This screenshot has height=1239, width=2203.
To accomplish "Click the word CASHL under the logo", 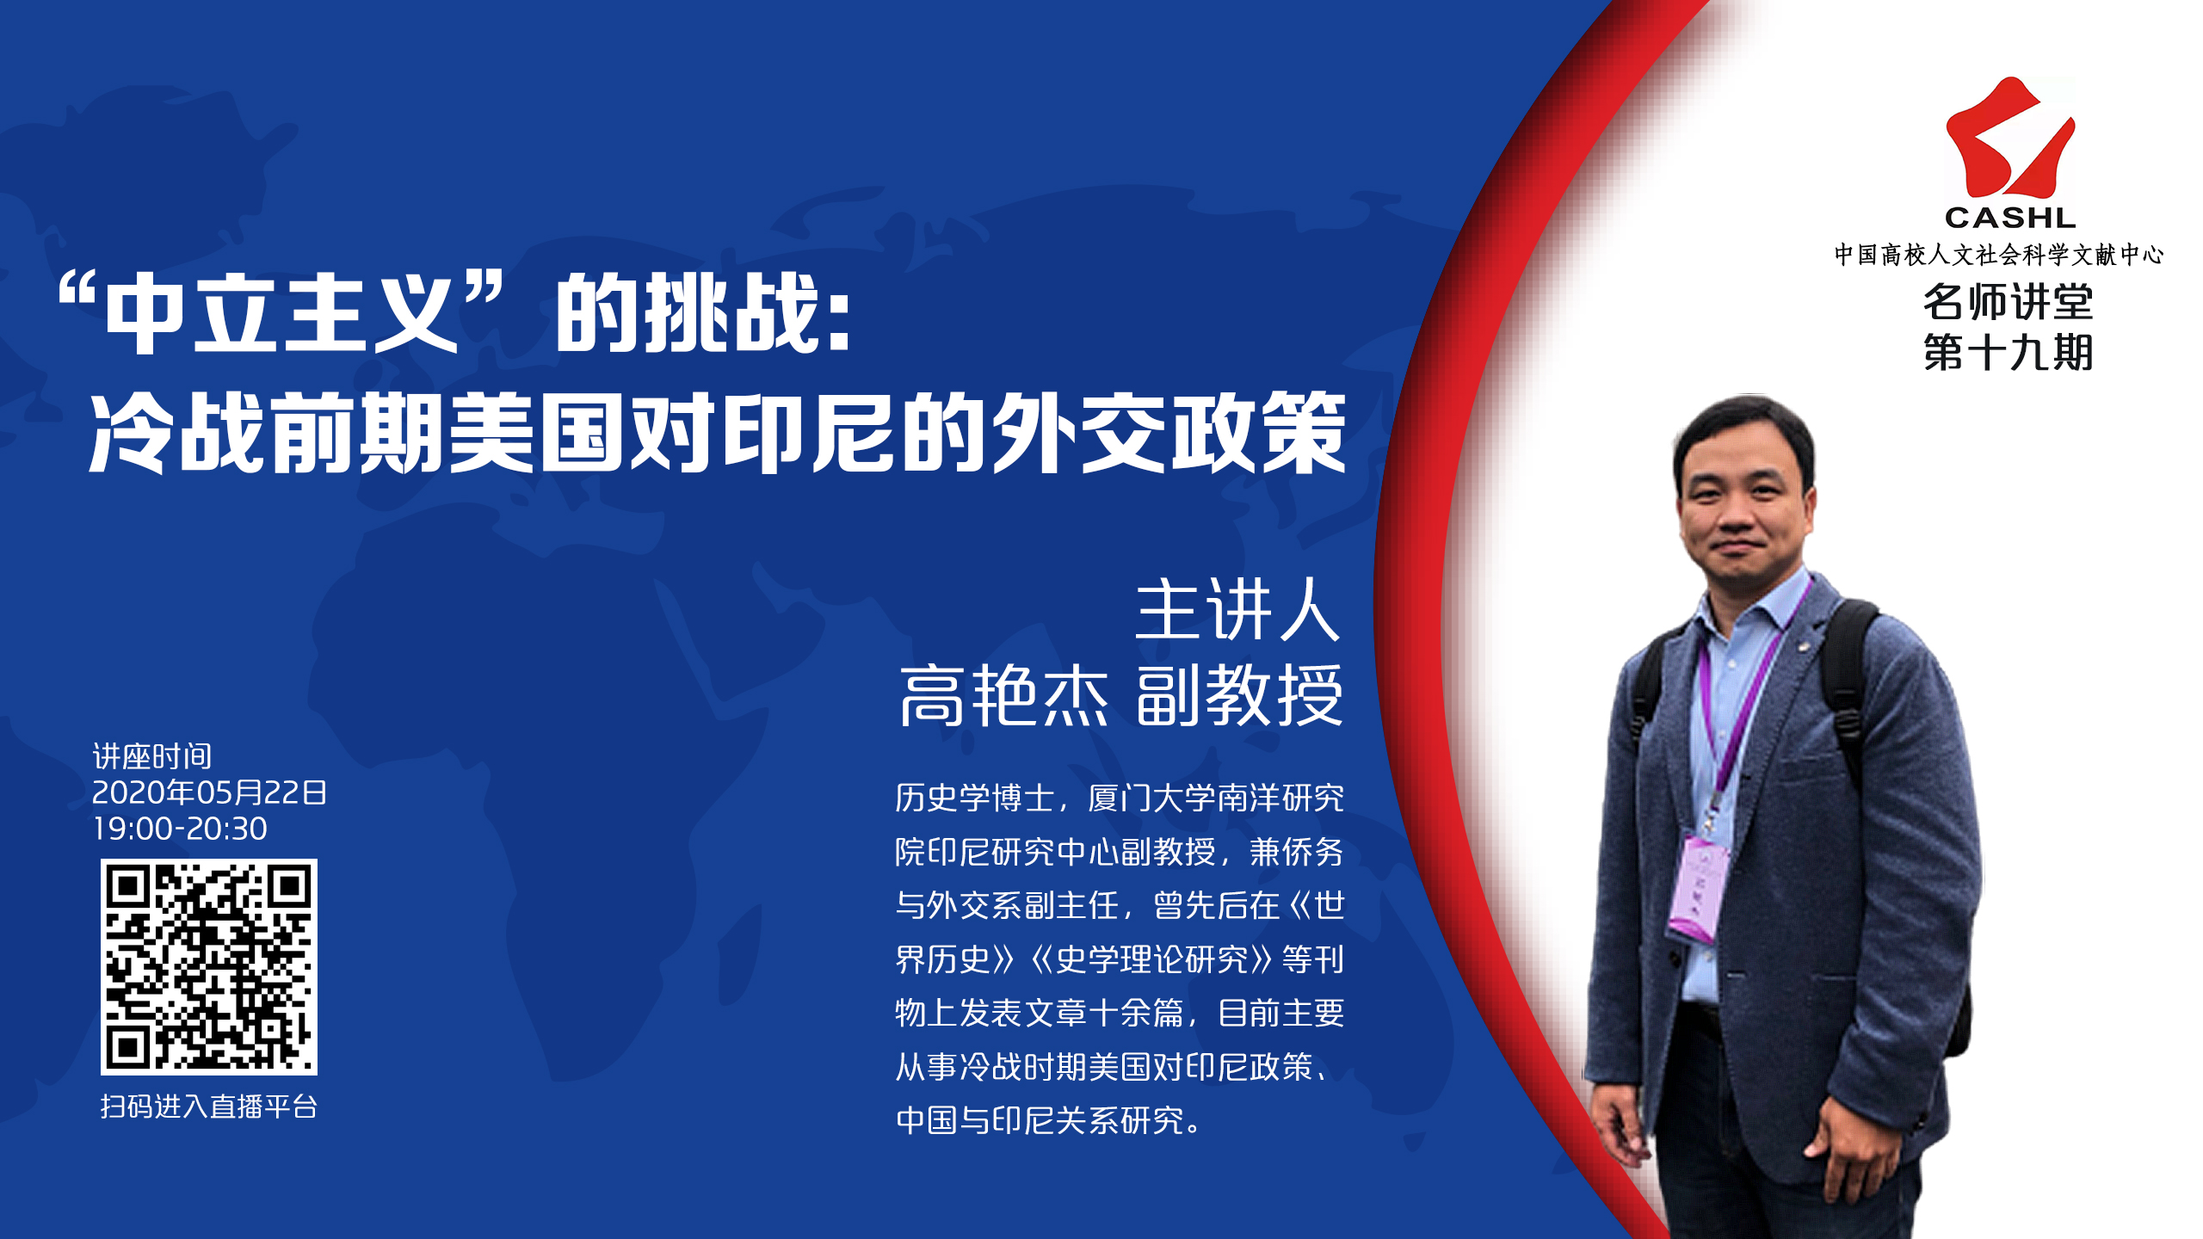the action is click(2010, 218).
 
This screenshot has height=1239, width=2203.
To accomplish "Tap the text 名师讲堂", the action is click(2008, 301).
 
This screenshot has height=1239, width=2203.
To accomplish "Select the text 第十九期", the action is click(2008, 352).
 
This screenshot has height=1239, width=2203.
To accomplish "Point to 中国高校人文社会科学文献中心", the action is click(1998, 255).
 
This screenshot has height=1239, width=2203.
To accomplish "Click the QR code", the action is click(209, 967).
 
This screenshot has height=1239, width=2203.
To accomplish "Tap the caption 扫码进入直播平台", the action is click(209, 1106).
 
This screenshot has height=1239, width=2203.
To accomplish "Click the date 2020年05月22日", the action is click(209, 792).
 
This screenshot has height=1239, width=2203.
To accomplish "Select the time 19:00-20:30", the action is click(180, 829).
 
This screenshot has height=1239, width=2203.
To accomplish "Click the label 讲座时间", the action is click(152, 756).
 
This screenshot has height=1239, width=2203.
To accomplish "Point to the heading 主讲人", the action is click(1238, 610).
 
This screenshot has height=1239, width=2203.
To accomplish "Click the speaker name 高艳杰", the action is click(1004, 695).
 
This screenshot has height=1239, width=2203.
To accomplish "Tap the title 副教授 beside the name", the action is click(1239, 695).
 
